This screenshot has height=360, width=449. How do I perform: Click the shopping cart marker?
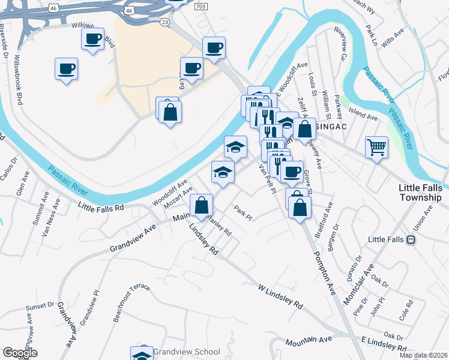click(x=376, y=146)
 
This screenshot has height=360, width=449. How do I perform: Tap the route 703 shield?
click(x=200, y=6)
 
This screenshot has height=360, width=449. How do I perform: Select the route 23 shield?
click(x=165, y=21)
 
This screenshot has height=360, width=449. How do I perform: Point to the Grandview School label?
click(x=186, y=352)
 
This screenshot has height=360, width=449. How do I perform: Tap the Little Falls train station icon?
click(x=411, y=239)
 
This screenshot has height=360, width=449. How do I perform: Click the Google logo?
click(x=20, y=353)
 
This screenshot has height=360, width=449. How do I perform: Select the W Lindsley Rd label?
click(x=280, y=296)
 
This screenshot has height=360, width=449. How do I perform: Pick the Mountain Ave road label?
click(x=309, y=340)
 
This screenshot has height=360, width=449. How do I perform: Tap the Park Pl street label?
click(x=241, y=212)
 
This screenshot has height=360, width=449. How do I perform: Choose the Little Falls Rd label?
click(x=101, y=206)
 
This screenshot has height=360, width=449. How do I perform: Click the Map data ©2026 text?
click(x=423, y=355)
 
